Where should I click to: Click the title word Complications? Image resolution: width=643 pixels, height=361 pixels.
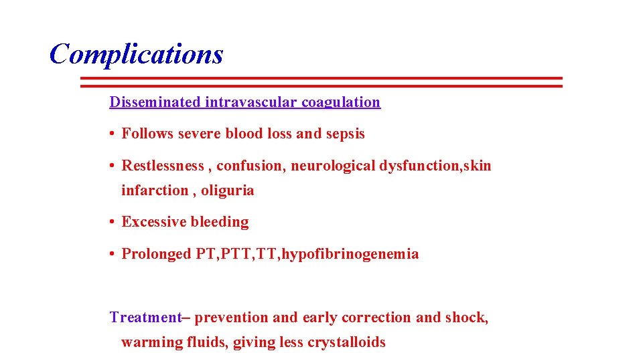pyautogui.click(x=136, y=54)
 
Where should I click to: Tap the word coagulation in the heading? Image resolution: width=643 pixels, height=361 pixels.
pyautogui.click(x=341, y=102)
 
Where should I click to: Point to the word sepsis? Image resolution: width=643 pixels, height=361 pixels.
pyautogui.click(x=346, y=134)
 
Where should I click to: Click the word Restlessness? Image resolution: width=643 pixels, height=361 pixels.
pyautogui.click(x=163, y=166)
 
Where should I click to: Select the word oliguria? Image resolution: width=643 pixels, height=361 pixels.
pyautogui.click(x=228, y=191)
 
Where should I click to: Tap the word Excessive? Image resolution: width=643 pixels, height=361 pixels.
pyautogui.click(x=154, y=222)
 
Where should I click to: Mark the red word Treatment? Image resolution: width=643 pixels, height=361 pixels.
pyautogui.click(x=145, y=318)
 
